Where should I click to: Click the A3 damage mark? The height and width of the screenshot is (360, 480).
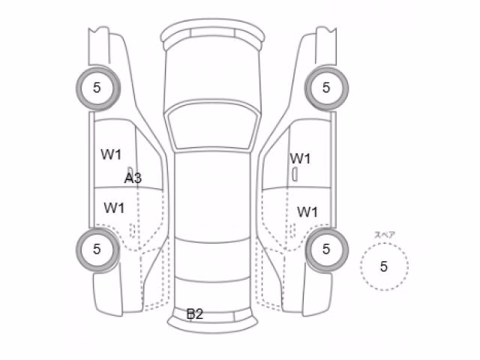133,178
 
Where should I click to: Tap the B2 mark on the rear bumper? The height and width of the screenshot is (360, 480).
195,313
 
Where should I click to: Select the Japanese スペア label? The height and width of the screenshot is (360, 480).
385,235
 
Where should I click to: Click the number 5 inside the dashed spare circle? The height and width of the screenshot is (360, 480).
384,266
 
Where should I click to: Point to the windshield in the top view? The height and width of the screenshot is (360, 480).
213,126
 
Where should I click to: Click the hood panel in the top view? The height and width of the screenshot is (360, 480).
213,73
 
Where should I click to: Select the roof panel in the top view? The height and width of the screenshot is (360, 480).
213,196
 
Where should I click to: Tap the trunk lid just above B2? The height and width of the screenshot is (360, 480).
213,294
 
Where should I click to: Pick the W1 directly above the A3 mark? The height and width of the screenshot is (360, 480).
111,154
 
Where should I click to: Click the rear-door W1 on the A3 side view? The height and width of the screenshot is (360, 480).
114,208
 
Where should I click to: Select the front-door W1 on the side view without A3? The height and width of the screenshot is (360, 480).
300,158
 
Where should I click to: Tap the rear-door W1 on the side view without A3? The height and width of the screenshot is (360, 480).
307,211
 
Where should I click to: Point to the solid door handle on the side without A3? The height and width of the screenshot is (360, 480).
295,175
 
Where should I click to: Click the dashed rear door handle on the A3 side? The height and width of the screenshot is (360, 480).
133,230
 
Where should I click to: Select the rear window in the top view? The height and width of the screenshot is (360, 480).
213,260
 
